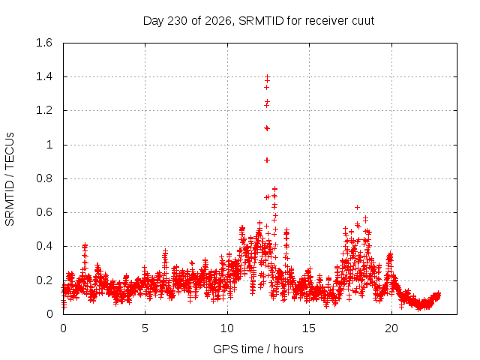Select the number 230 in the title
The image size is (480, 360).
coord(178,21)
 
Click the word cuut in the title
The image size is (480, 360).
coord(363,21)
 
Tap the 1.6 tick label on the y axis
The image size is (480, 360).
coord(44,43)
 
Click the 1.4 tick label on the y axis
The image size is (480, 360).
coord(44,76)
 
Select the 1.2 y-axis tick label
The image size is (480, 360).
coord(44,110)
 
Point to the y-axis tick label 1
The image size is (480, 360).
coord(49,145)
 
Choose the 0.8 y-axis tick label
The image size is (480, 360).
coord(44,178)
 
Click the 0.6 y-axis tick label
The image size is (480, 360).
coord(44,212)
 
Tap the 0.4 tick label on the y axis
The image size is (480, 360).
coord(44,246)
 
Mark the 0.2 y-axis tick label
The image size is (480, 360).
coord(44,280)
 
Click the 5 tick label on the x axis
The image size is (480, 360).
coord(145,328)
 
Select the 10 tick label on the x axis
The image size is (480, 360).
coord(227,328)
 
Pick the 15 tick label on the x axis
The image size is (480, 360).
coord(309,328)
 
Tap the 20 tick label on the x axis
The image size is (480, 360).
coord(391,328)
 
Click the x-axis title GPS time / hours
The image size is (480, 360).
coord(258,349)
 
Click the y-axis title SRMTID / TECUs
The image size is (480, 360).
coord(10,179)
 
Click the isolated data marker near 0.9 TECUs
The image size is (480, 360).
coord(267,160)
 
